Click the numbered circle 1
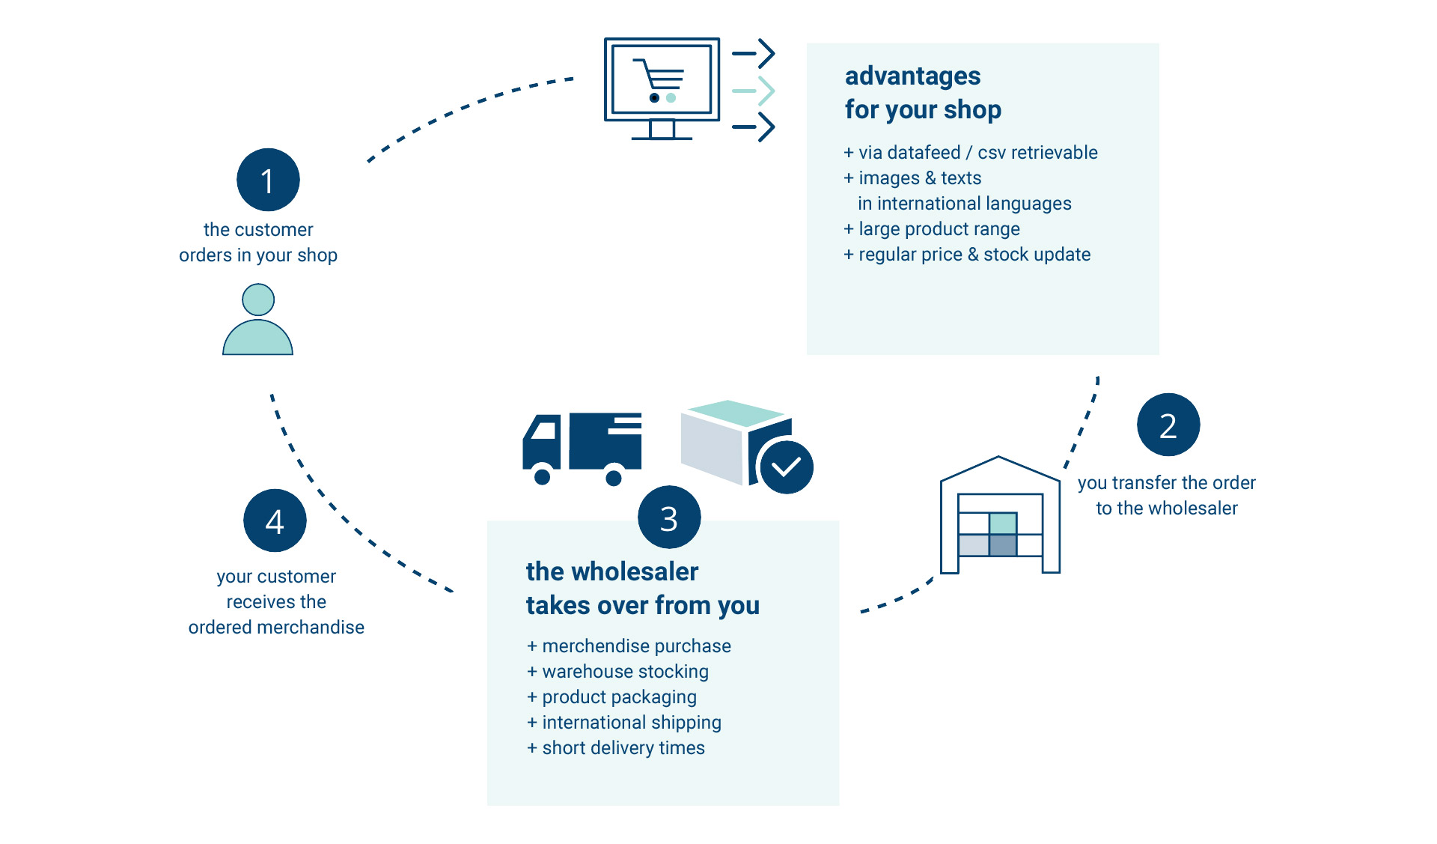click(x=268, y=180)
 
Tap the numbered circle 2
click(x=1168, y=425)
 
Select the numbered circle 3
click(x=669, y=517)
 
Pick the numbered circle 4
click(x=275, y=520)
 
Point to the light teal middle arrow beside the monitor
click(x=754, y=91)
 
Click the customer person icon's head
click(x=258, y=300)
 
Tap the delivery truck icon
click(x=582, y=448)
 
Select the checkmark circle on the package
click(x=786, y=467)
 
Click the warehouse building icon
click(x=1000, y=517)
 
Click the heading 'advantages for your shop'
click(x=922, y=93)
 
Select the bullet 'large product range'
click(x=939, y=229)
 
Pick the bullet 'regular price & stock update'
click(x=974, y=255)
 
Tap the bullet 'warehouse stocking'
click(x=625, y=672)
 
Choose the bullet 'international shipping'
click(x=631, y=723)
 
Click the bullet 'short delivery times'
click(x=623, y=748)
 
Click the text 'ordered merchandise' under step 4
click(x=276, y=628)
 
